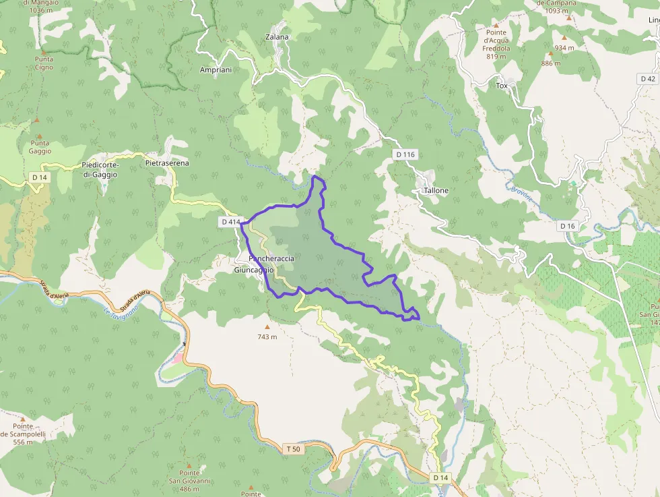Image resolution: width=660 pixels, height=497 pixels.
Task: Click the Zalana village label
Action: click(277, 37)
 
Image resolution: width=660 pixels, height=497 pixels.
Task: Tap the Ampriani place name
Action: click(216, 70)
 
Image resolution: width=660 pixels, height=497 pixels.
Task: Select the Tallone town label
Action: click(436, 191)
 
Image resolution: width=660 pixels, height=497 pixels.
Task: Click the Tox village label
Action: click(501, 86)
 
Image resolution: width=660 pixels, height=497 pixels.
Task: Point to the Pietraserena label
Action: click(167, 163)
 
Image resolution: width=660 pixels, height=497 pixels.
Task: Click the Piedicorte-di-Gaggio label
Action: click(99, 170)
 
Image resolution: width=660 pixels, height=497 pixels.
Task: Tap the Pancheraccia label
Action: click(271, 259)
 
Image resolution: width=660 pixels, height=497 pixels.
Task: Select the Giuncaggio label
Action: click(254, 270)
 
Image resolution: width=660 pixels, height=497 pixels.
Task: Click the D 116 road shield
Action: click(405, 155)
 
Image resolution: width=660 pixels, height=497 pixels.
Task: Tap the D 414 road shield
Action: click(230, 222)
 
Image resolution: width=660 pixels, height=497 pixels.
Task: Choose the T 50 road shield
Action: click(293, 448)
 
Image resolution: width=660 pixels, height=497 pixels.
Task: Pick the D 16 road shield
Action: click(568, 226)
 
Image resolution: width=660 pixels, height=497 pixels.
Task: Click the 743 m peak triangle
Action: click(267, 327)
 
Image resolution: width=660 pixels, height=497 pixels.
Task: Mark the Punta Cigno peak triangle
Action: click(44, 51)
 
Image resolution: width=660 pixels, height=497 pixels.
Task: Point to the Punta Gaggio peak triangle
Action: click(38, 119)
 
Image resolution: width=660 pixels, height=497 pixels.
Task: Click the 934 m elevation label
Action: click(564, 48)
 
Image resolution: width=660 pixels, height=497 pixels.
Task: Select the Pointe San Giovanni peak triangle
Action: click(189, 465)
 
